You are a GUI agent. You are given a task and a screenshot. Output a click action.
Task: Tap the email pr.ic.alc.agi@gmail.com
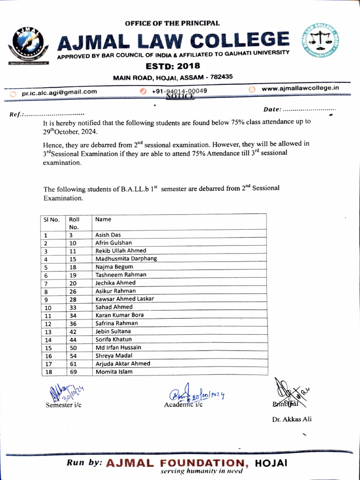click(59, 92)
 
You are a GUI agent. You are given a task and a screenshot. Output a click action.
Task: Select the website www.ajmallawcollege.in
click(300, 88)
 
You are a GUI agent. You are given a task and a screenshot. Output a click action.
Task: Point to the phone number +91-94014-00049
click(180, 90)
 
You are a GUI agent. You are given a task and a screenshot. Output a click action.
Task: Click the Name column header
click(104, 219)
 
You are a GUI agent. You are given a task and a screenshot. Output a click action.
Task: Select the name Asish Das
click(108, 235)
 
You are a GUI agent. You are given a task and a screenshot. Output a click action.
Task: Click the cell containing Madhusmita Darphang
click(126, 259)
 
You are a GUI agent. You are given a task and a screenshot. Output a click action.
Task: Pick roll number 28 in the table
click(73, 299)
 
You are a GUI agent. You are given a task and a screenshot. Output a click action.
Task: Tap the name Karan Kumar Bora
click(120, 315)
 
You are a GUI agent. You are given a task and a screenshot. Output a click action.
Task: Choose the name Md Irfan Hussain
click(118, 347)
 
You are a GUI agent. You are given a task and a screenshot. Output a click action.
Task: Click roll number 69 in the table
click(73, 372)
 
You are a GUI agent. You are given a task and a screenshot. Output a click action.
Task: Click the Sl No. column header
click(51, 219)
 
